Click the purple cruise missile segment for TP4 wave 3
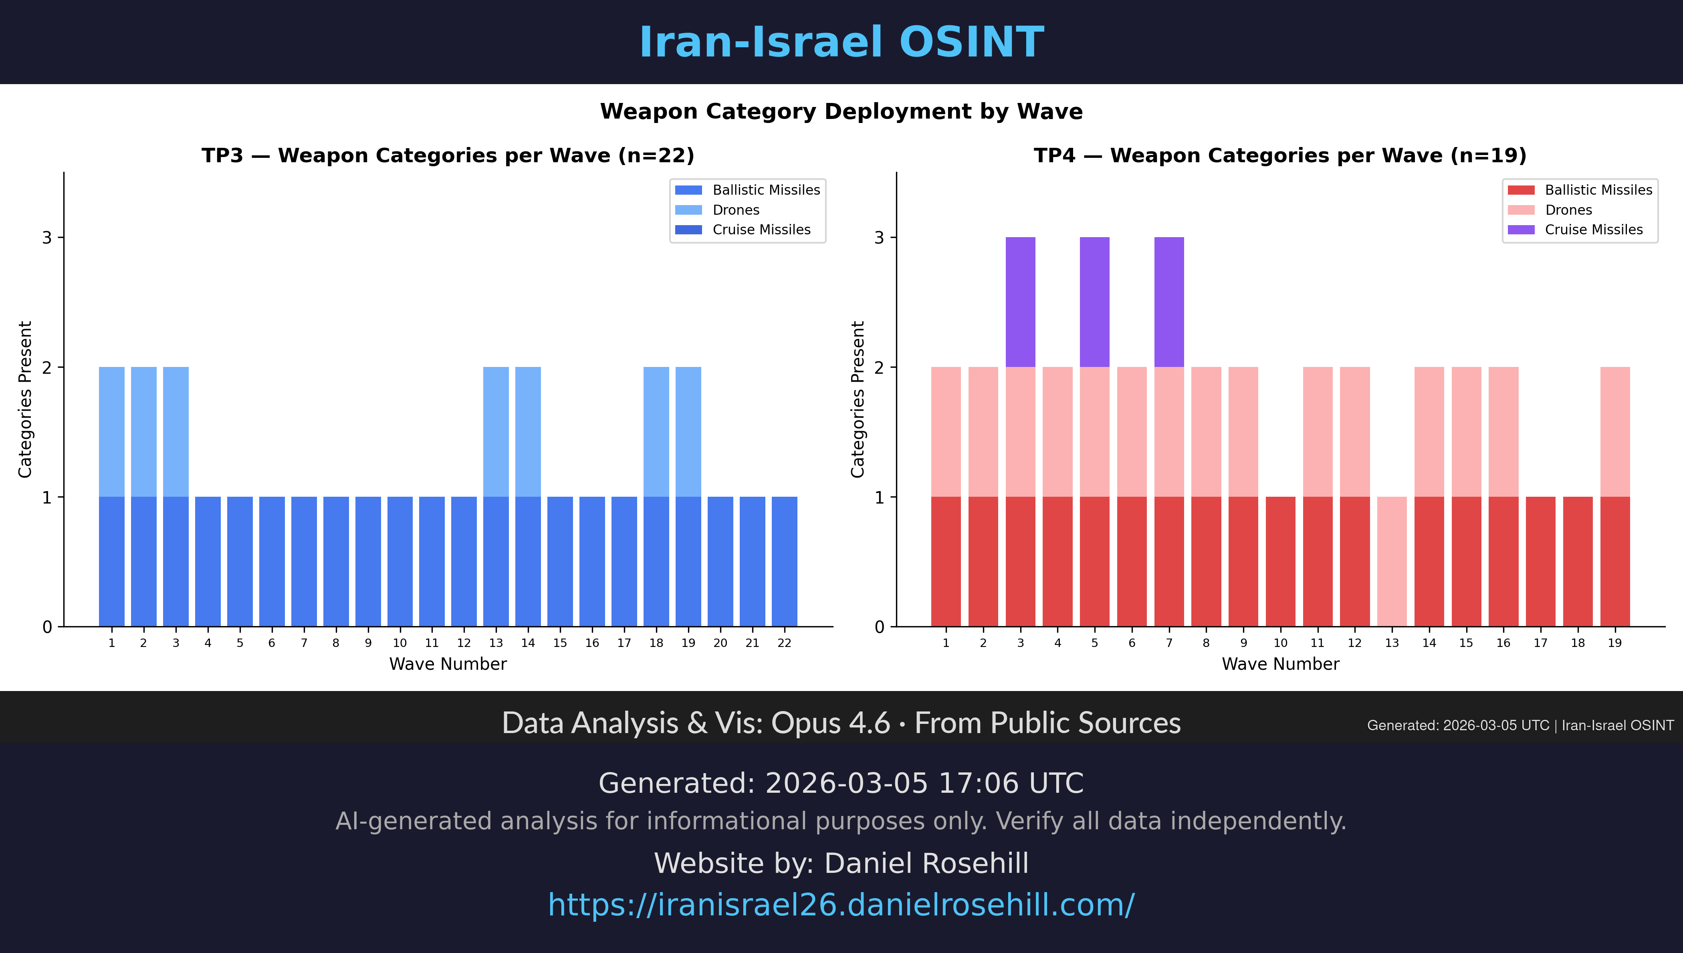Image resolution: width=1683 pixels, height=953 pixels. pos(1020,302)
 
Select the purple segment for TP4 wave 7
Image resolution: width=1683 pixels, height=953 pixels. pos(1168,302)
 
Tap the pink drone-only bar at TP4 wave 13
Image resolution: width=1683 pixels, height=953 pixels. pos(1392,562)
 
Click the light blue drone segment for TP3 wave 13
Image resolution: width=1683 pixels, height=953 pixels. pos(496,432)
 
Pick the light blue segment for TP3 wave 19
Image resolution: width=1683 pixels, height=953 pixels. pos(688,432)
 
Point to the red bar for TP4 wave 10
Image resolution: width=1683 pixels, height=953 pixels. pos(1280,562)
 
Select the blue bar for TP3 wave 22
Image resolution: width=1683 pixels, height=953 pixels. pos(784,562)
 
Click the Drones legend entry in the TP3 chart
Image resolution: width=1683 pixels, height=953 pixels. pos(736,210)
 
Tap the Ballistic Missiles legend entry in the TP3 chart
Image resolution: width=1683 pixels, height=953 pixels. pos(766,190)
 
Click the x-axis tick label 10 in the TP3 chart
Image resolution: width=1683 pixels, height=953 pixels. pos(399,643)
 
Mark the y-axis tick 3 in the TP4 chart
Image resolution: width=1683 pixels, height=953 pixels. pos(879,238)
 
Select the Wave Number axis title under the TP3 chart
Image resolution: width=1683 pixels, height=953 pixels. pos(448,664)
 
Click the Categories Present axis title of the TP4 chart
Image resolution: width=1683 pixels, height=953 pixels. pos(858,399)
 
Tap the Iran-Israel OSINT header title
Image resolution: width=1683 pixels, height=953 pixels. pos(841,42)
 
